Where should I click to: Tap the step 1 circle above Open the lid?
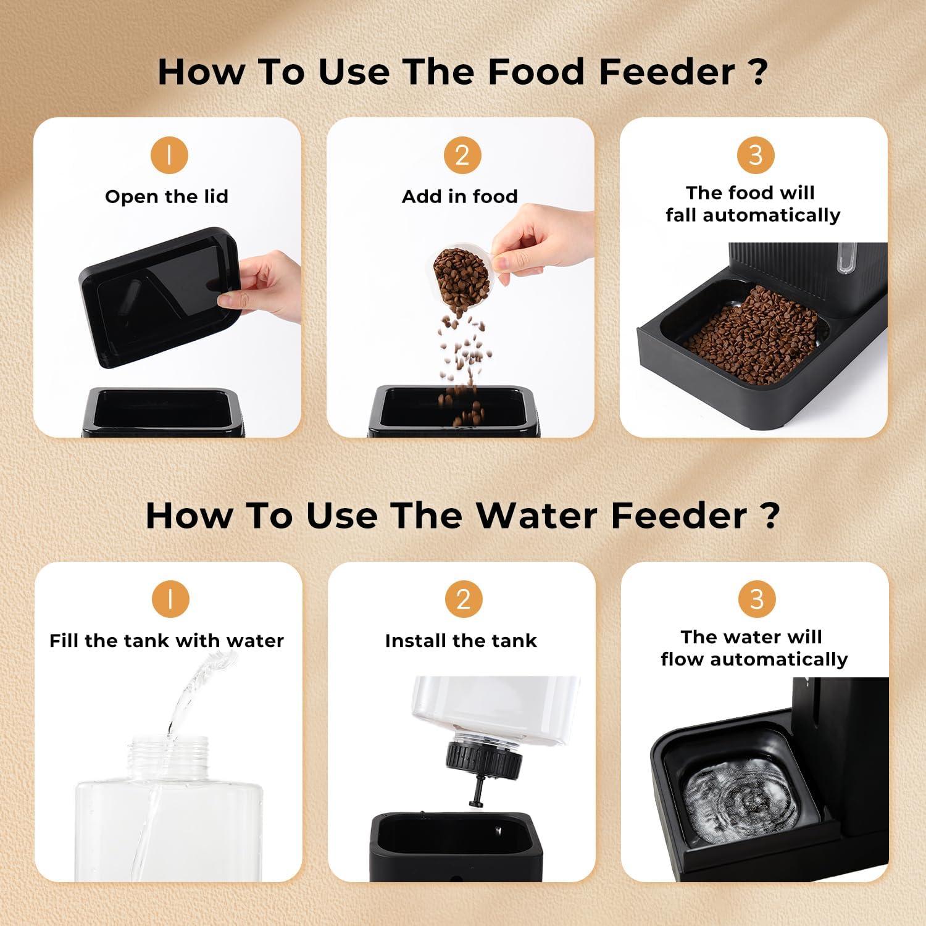pos(169,154)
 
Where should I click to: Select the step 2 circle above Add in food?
pos(462,154)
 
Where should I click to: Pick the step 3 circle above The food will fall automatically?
pos(756,154)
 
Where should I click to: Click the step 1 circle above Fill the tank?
pos(169,599)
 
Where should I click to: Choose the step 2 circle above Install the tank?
pos(463,599)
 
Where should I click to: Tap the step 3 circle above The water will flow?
pos(756,599)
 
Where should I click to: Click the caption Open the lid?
pos(167,197)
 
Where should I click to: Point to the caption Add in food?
pos(460,197)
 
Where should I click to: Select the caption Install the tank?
pos(461,641)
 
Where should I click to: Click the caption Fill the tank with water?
pos(167,641)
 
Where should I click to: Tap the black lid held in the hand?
pos(159,296)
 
